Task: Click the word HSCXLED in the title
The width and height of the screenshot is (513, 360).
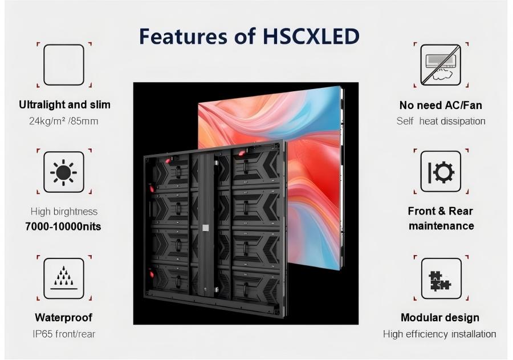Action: (311, 36)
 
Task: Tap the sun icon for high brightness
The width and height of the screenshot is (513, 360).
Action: (63, 172)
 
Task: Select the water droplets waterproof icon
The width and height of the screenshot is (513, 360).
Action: (64, 278)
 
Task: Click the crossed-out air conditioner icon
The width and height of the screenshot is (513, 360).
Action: (441, 65)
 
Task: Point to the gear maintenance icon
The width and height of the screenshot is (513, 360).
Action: (441, 172)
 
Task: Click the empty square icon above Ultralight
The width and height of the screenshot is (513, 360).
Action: (64, 65)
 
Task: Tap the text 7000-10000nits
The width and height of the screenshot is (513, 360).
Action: (63, 226)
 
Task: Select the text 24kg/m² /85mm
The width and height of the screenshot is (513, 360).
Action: (63, 121)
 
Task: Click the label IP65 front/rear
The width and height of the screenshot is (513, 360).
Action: (64, 334)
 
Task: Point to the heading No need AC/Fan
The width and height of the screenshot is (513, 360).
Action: (441, 105)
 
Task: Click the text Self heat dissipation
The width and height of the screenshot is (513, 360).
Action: (441, 121)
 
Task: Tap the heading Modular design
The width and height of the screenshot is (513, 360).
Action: (440, 317)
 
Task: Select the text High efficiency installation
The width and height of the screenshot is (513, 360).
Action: (439, 334)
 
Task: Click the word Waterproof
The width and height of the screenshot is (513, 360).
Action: (63, 317)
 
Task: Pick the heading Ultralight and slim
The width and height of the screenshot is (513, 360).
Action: (64, 105)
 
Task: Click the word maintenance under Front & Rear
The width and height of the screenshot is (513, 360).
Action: (441, 226)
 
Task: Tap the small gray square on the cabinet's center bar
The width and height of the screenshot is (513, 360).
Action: (205, 228)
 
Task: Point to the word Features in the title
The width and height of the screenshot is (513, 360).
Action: (183, 36)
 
